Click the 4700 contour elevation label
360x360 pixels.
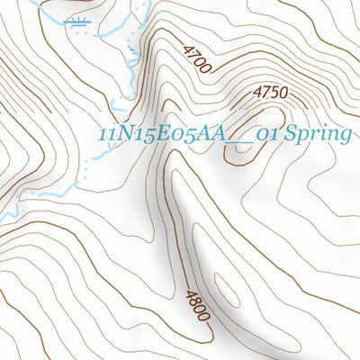(x=196, y=59)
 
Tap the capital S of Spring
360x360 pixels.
(x=287, y=135)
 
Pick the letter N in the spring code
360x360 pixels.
(x=123, y=135)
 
